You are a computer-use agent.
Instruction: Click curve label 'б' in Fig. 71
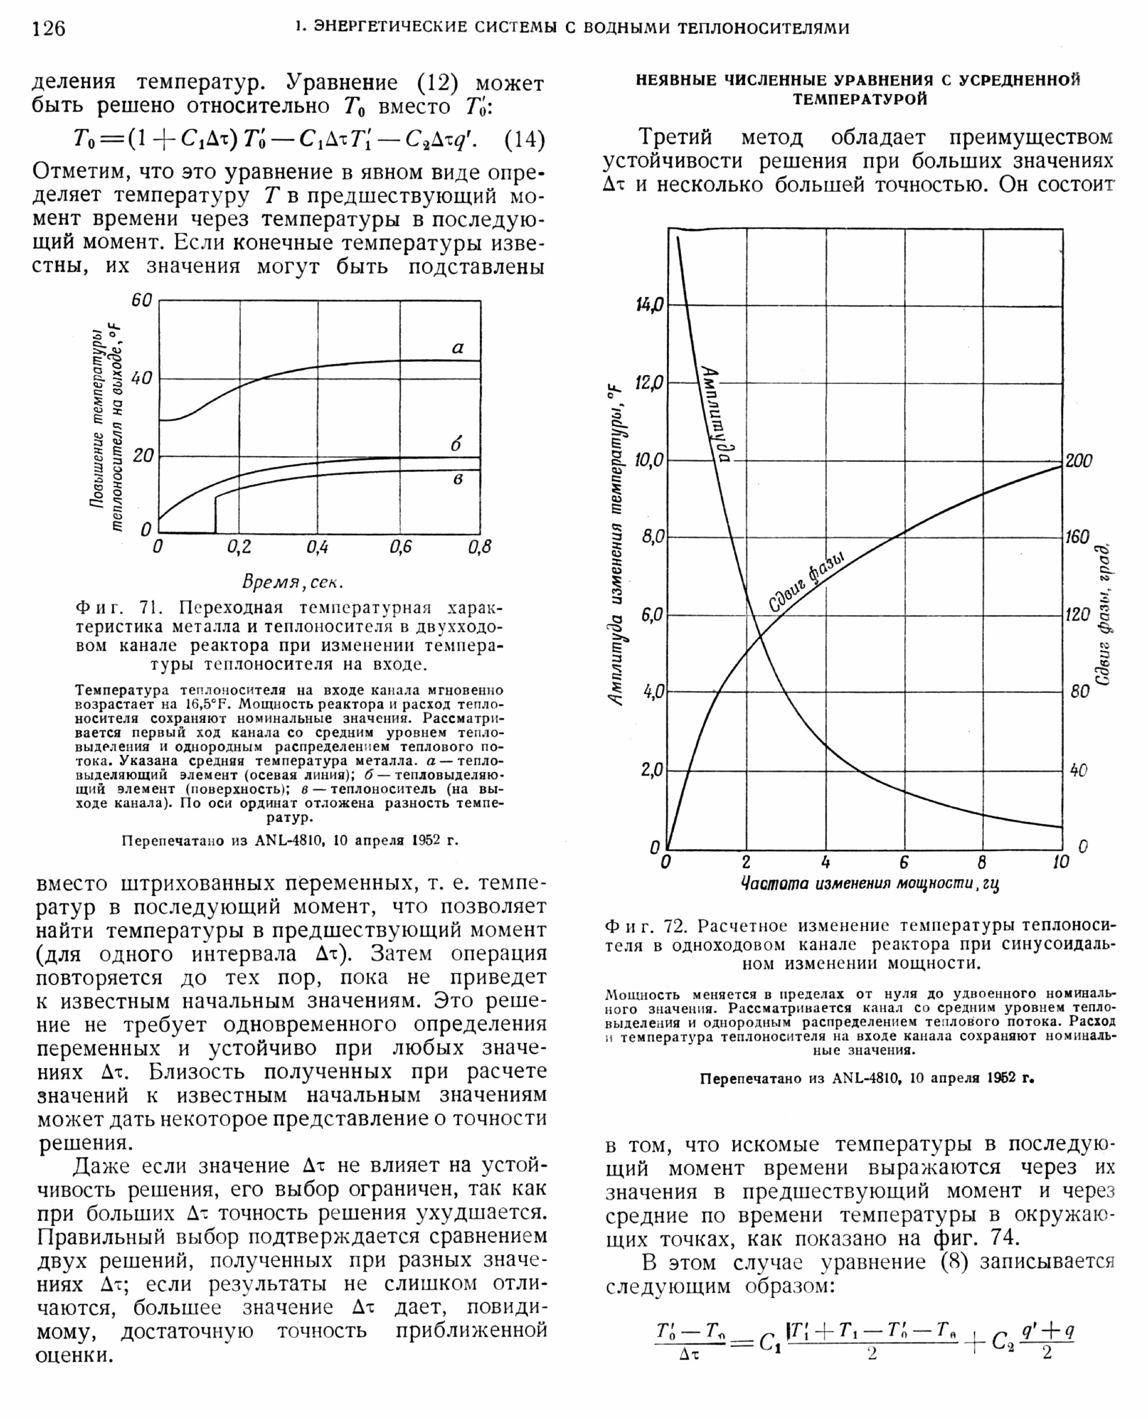(x=456, y=444)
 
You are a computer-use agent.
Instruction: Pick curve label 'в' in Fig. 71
(x=458, y=479)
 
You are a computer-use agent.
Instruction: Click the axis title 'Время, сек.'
(x=292, y=582)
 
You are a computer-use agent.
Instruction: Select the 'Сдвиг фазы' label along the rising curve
(x=807, y=582)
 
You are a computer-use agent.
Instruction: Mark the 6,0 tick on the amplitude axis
(x=651, y=616)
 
